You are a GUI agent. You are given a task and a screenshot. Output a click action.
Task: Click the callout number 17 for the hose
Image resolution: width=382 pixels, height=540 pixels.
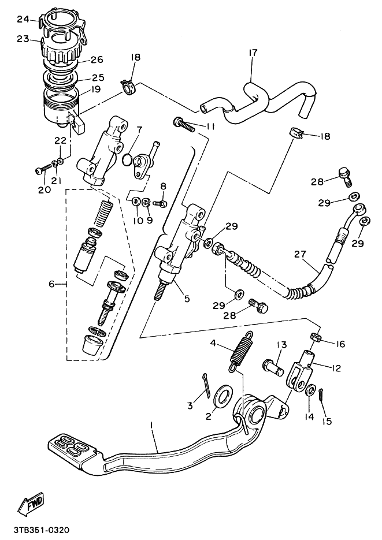[253, 53]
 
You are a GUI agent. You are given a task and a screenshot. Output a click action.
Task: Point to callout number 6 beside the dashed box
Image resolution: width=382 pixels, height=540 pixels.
[53, 284]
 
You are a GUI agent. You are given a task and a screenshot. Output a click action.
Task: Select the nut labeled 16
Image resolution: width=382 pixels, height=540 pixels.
[317, 337]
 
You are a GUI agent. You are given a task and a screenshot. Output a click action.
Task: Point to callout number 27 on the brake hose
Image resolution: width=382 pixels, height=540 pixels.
[299, 255]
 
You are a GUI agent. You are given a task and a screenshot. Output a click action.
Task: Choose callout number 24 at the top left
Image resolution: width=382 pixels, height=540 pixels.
[23, 19]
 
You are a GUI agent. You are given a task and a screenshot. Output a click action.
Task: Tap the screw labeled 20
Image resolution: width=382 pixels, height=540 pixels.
[42, 170]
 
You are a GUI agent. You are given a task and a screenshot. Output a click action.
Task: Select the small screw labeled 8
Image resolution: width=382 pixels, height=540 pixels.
[161, 203]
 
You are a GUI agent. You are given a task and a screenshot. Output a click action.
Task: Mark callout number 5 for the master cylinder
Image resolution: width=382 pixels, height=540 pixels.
[186, 299]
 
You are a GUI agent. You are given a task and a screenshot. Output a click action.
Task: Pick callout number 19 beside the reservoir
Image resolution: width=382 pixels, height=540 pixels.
[96, 90]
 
